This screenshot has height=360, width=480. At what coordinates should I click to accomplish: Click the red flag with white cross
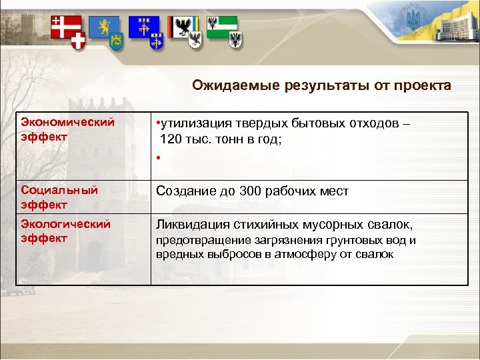pos(62,26)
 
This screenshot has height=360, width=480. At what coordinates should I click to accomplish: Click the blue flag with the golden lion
pos(103,26)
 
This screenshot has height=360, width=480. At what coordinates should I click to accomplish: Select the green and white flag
pos(221,25)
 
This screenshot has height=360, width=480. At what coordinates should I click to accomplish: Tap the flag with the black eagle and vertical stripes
pos(182,27)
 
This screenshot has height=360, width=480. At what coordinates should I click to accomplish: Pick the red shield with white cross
pos(79,42)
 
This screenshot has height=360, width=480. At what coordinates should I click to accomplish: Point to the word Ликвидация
pos(189,225)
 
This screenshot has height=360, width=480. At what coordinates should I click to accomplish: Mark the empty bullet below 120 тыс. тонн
pos(159,158)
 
